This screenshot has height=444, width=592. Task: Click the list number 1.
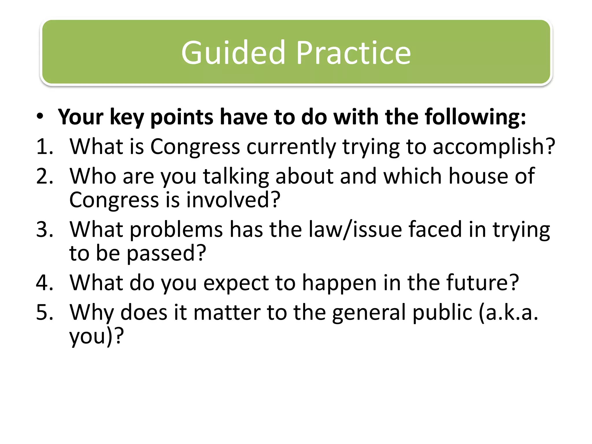click(x=45, y=147)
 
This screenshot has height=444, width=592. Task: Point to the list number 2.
click(x=45, y=176)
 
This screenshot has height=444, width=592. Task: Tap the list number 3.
click(x=45, y=230)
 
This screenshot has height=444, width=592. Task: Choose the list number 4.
click(x=45, y=283)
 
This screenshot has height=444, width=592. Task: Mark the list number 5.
click(x=45, y=312)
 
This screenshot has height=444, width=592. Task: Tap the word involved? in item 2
click(x=233, y=200)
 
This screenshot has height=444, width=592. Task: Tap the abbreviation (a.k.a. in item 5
click(x=508, y=312)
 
